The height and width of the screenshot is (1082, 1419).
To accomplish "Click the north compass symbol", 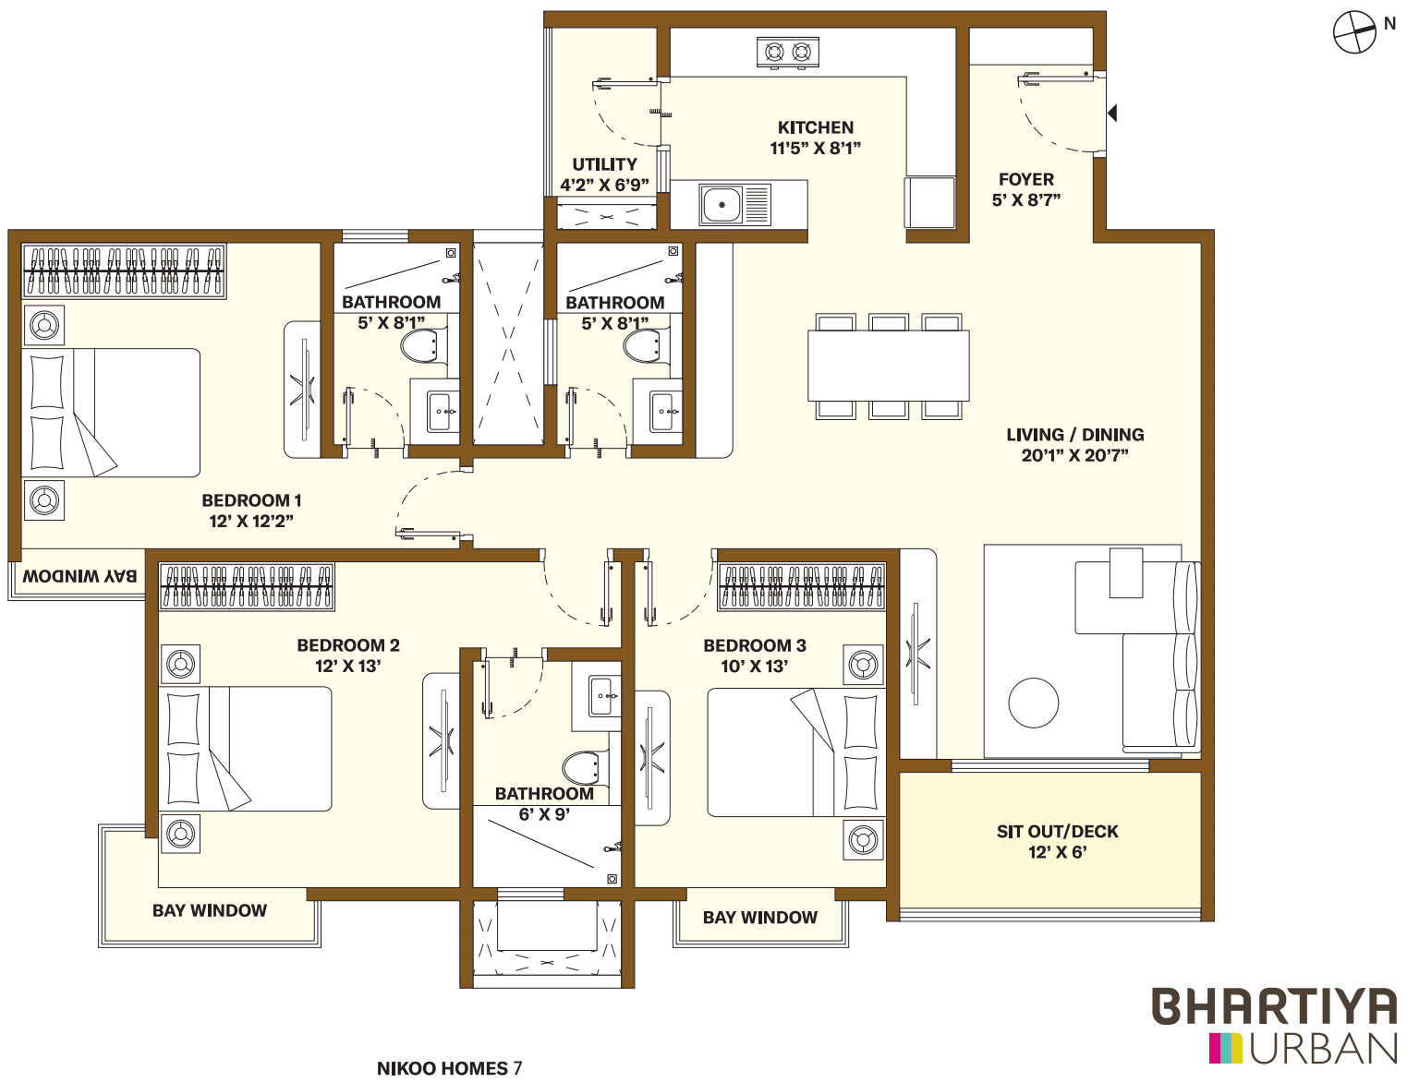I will (x=1355, y=32).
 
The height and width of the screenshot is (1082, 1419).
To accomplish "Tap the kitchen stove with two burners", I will (x=788, y=53).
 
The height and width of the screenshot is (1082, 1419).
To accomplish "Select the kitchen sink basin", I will (x=722, y=204).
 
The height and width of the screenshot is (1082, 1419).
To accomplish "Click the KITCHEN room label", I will (x=816, y=128).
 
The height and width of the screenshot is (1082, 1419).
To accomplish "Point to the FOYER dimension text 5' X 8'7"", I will (x=1026, y=200).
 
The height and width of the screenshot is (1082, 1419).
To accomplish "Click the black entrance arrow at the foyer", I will (x=1112, y=113).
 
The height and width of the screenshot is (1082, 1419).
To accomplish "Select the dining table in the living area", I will (x=889, y=366).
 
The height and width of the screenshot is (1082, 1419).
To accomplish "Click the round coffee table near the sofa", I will (x=1034, y=703).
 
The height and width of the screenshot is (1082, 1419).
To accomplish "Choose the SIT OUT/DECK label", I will (x=1058, y=832).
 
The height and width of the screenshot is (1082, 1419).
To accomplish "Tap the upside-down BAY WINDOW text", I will (x=79, y=576).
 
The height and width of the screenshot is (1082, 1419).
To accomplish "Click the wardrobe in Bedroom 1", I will (x=124, y=270).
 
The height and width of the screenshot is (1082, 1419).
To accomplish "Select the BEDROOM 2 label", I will (x=348, y=645).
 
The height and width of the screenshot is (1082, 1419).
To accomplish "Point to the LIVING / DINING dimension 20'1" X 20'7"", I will (x=1075, y=455).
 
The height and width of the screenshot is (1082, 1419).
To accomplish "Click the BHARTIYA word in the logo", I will (x=1274, y=1006).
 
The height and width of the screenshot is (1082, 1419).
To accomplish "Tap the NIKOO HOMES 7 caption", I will (x=449, y=1068).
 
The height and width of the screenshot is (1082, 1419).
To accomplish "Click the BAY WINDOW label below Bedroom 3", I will (x=760, y=918).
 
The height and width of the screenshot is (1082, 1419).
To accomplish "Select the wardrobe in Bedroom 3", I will (x=801, y=586).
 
